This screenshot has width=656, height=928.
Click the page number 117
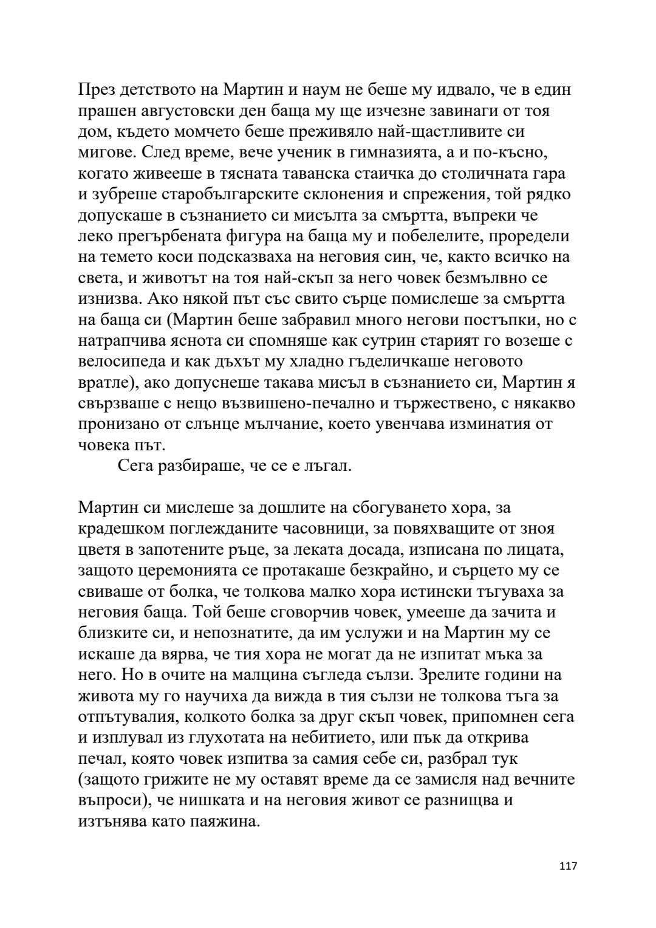click(567, 883)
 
